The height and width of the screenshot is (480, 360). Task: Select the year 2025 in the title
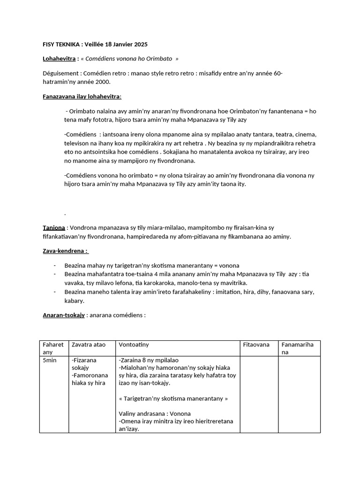(139, 45)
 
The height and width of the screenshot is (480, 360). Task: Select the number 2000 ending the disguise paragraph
(102, 82)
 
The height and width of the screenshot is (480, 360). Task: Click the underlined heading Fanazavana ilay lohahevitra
(82, 96)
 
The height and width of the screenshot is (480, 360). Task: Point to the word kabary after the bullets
(74, 300)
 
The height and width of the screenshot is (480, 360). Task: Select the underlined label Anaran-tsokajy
(64, 315)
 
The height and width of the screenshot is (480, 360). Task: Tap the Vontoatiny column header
(134, 345)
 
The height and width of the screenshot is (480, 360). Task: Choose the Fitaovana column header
(256, 345)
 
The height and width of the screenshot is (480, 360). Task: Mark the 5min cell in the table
(50, 360)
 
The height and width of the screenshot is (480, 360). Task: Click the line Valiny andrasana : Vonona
(155, 413)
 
